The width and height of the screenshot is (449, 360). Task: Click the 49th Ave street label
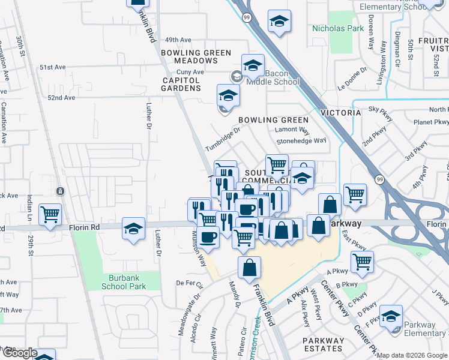pos(178,40)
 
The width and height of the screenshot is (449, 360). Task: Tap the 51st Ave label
pos(53,67)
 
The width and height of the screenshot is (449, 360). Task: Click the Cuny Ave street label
pos(191,72)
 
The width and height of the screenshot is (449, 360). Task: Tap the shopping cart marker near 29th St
pos(50,214)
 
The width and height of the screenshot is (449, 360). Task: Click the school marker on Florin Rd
pos(134,228)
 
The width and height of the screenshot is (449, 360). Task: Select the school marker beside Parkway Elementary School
pos(391,316)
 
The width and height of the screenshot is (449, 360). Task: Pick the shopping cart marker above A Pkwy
pos(362,260)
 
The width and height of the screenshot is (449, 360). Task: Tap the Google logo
pos(19,353)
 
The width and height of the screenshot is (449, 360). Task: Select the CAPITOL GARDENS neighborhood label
pos(181,84)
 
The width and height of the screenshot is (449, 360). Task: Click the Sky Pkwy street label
pos(380,109)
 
